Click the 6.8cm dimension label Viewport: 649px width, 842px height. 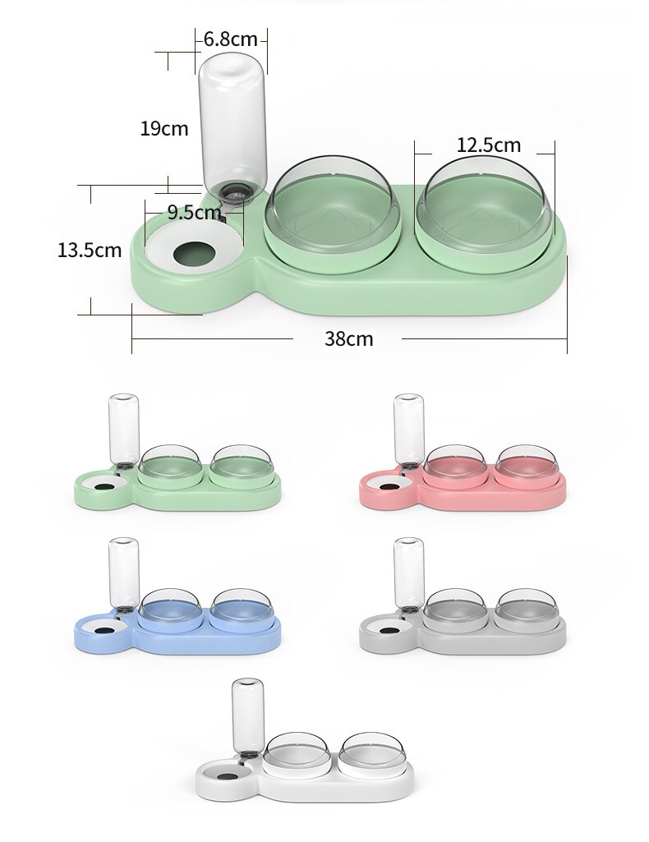click(x=231, y=39)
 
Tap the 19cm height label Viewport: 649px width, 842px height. click(x=163, y=128)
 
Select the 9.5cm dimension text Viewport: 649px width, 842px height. click(x=195, y=213)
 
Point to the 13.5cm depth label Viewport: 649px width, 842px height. click(x=89, y=250)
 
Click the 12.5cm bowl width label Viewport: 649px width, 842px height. click(x=489, y=145)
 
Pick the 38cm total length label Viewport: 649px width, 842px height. click(x=348, y=338)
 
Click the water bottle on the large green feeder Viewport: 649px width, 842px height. click(x=232, y=119)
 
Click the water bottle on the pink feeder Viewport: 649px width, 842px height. click(x=408, y=429)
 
